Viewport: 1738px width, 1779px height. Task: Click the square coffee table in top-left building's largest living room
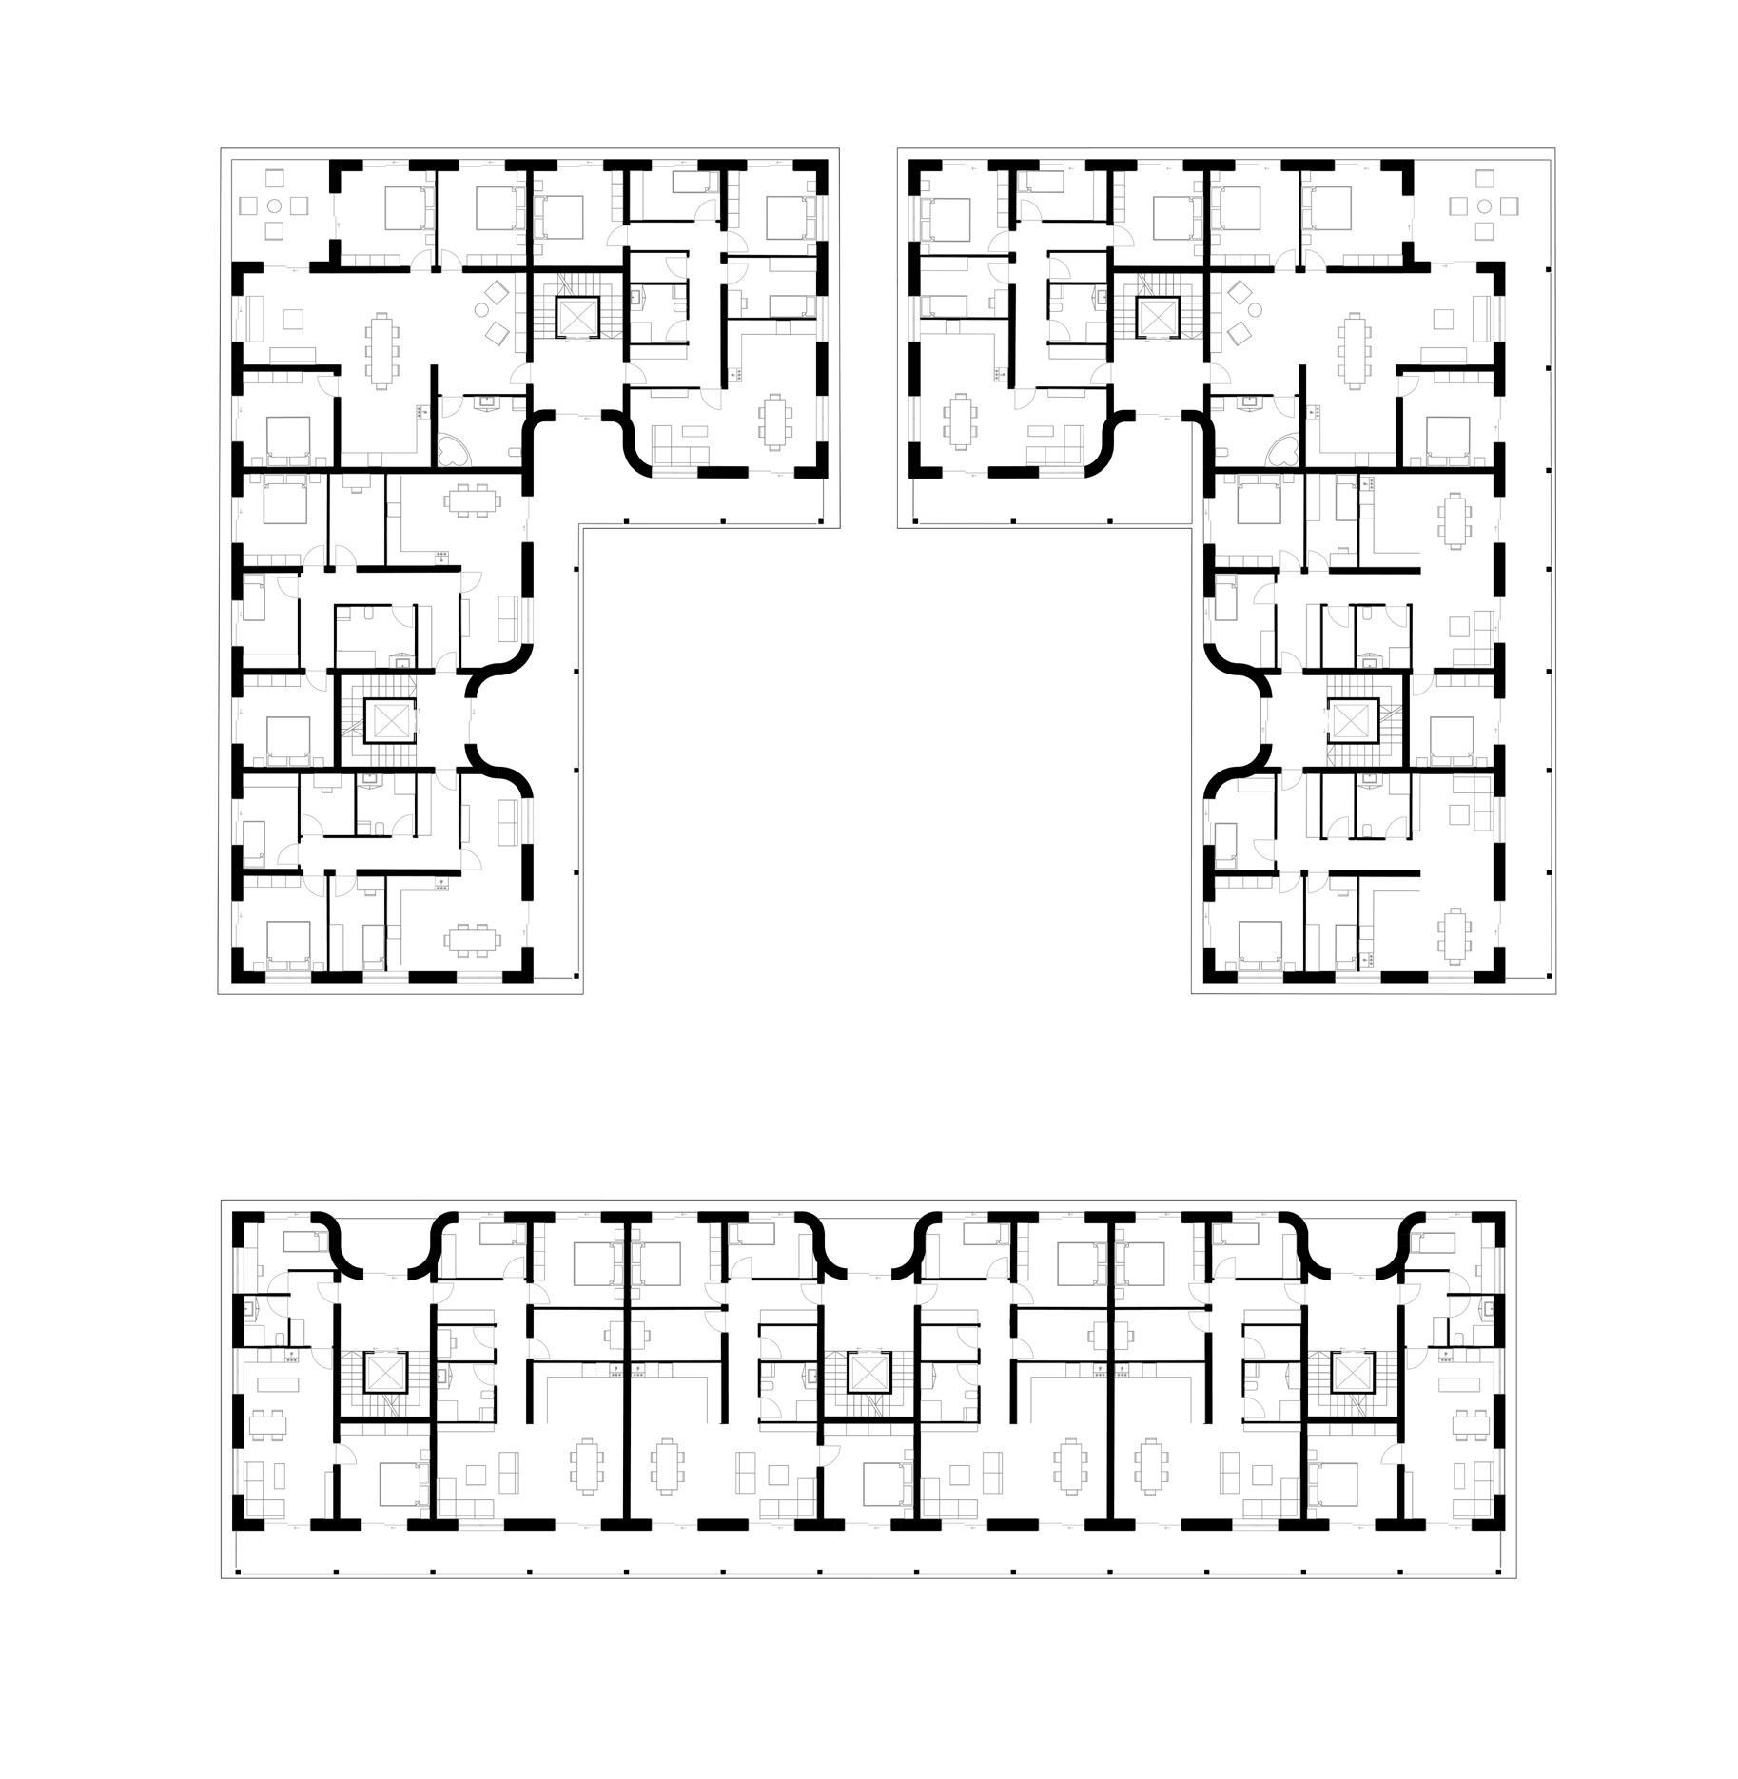(x=294, y=318)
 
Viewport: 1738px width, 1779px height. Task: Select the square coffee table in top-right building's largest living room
(x=1444, y=318)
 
